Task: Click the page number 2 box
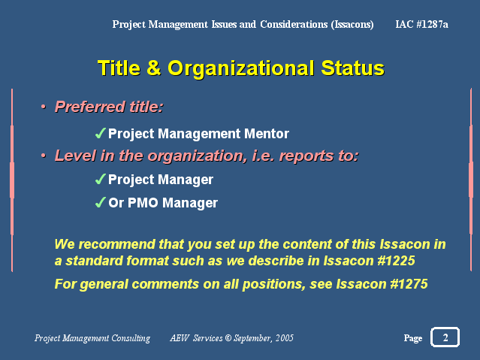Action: pyautogui.click(x=445, y=337)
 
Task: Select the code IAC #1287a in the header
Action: pyautogui.click(x=421, y=24)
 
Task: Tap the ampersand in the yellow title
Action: pyautogui.click(x=153, y=68)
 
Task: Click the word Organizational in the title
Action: pyautogui.click(x=241, y=68)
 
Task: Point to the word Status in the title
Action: pyautogui.click(x=352, y=68)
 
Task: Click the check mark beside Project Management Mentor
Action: pyautogui.click(x=101, y=133)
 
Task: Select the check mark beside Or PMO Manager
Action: pyautogui.click(x=101, y=202)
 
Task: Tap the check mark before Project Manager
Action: pyautogui.click(x=101, y=179)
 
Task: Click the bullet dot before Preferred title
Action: pyautogui.click(x=43, y=107)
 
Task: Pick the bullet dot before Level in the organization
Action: pyautogui.click(x=43, y=156)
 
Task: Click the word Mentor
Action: pyautogui.click(x=267, y=134)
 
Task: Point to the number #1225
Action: pyautogui.click(x=396, y=261)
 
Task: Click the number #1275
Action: pyautogui.click(x=409, y=284)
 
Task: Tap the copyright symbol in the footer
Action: pyautogui.click(x=228, y=338)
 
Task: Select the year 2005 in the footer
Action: pyautogui.click(x=285, y=338)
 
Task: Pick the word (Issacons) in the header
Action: pyautogui.click(x=352, y=25)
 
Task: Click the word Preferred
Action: pyautogui.click(x=90, y=107)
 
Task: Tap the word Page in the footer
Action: pyautogui.click(x=413, y=338)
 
